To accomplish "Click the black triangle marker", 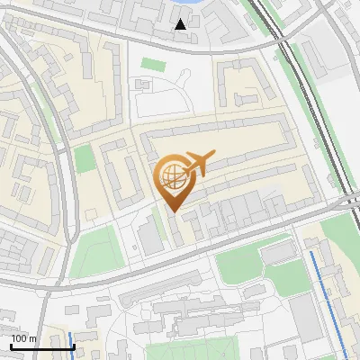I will [x=182, y=24].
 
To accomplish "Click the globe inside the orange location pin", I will [x=171, y=175].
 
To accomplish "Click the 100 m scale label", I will [x=23, y=338].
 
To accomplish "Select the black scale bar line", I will [x=41, y=346].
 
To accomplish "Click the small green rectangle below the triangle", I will [x=153, y=66].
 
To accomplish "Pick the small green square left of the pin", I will [x=84, y=159].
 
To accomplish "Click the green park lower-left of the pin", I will [x=94, y=252].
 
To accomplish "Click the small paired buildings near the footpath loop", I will [x=141, y=83].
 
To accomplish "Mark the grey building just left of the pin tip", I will [x=148, y=233].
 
